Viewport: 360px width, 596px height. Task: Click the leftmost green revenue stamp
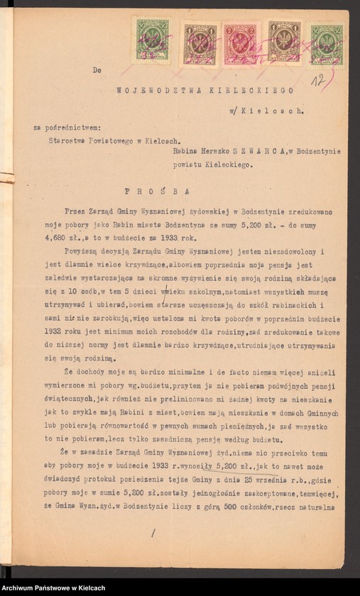[153, 41]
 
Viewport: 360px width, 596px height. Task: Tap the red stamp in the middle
[240, 44]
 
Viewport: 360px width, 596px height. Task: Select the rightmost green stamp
[327, 45]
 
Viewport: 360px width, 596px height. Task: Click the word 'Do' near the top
[97, 70]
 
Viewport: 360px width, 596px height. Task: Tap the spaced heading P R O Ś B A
[148, 191]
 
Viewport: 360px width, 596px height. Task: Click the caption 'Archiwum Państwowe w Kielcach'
[53, 587]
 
